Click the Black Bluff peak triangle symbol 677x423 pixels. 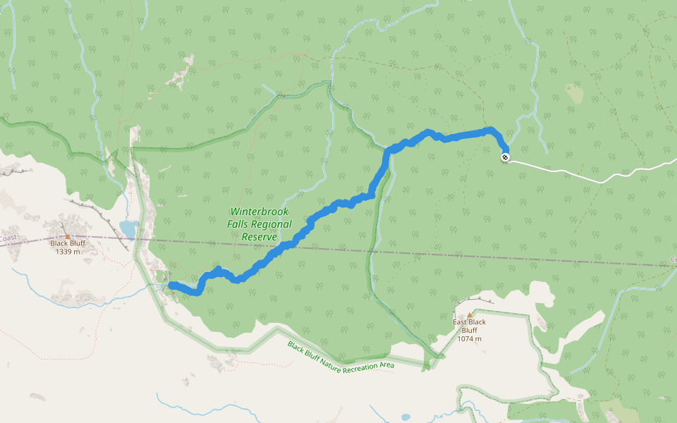68,237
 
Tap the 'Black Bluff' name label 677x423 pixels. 68,244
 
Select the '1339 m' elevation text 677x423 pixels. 68,252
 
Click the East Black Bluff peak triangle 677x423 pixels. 470,315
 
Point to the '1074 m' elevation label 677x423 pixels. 470,338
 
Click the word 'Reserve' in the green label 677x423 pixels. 258,238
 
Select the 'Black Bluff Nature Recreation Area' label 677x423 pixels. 341,355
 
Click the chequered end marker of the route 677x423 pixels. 506,157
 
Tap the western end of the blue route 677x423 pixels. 171,285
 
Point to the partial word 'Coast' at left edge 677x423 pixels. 8,238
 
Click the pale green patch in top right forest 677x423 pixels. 574,94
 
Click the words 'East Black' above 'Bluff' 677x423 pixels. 470,322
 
